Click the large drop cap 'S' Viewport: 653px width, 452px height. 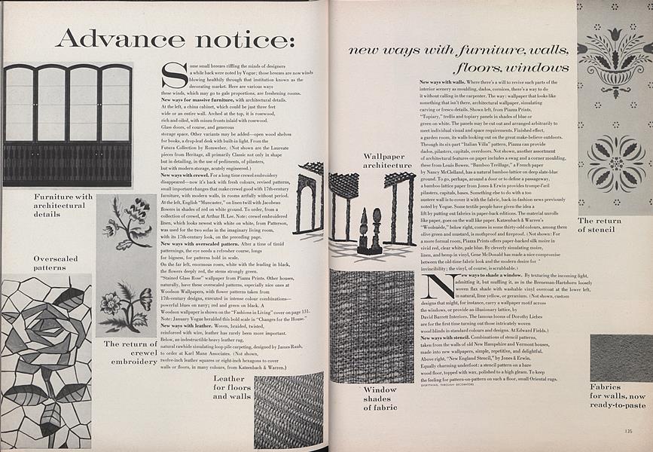175,75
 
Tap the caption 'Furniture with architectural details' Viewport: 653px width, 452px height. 63,205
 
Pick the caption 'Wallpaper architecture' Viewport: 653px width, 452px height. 387,160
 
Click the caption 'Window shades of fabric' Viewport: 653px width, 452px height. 380,399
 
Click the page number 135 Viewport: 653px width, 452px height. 628,432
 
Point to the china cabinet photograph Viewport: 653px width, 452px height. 68,124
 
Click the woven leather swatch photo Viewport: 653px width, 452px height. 288,409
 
